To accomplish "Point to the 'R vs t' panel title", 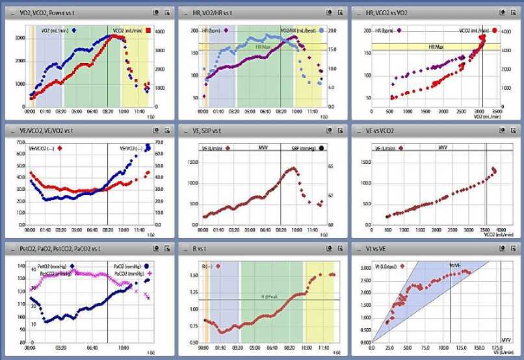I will pos(201,250).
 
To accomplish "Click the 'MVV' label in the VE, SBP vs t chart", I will pos(263,148).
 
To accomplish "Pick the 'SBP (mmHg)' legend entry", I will pos(303,148).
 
